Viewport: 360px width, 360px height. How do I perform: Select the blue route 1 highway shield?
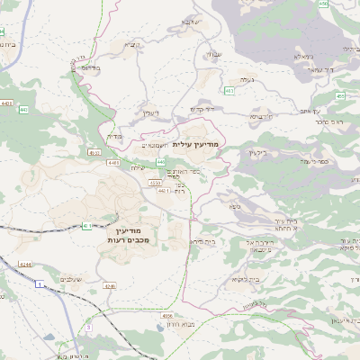pos(40,284)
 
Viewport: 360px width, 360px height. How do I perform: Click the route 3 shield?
pos(88,328)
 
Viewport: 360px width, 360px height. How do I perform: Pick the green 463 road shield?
pos(229,91)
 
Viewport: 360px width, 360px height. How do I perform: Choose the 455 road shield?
pos(340,94)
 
